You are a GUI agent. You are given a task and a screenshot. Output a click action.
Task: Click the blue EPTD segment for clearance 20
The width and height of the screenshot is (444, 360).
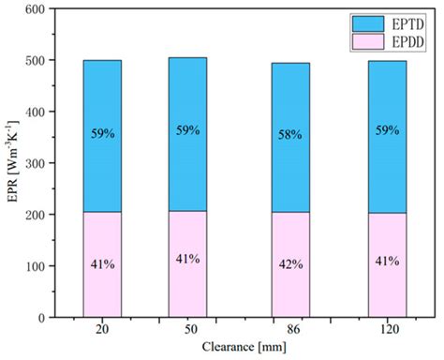tap(102, 103)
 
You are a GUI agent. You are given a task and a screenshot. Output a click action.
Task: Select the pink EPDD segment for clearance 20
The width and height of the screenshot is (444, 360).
tap(102, 234)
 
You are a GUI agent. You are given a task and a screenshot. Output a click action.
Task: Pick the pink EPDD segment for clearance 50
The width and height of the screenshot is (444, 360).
tap(187, 234)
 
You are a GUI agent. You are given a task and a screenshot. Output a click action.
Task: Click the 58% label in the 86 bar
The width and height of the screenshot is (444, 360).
tap(290, 136)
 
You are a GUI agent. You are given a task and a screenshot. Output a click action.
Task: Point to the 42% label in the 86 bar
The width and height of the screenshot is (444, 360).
tap(290, 264)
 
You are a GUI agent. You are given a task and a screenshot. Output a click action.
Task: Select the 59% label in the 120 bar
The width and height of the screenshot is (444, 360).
tap(387, 134)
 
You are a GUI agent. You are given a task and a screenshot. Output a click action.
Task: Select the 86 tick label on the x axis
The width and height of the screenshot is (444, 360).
tap(290, 330)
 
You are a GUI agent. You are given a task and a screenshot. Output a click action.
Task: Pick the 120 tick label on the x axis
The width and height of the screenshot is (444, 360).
tap(387, 330)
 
